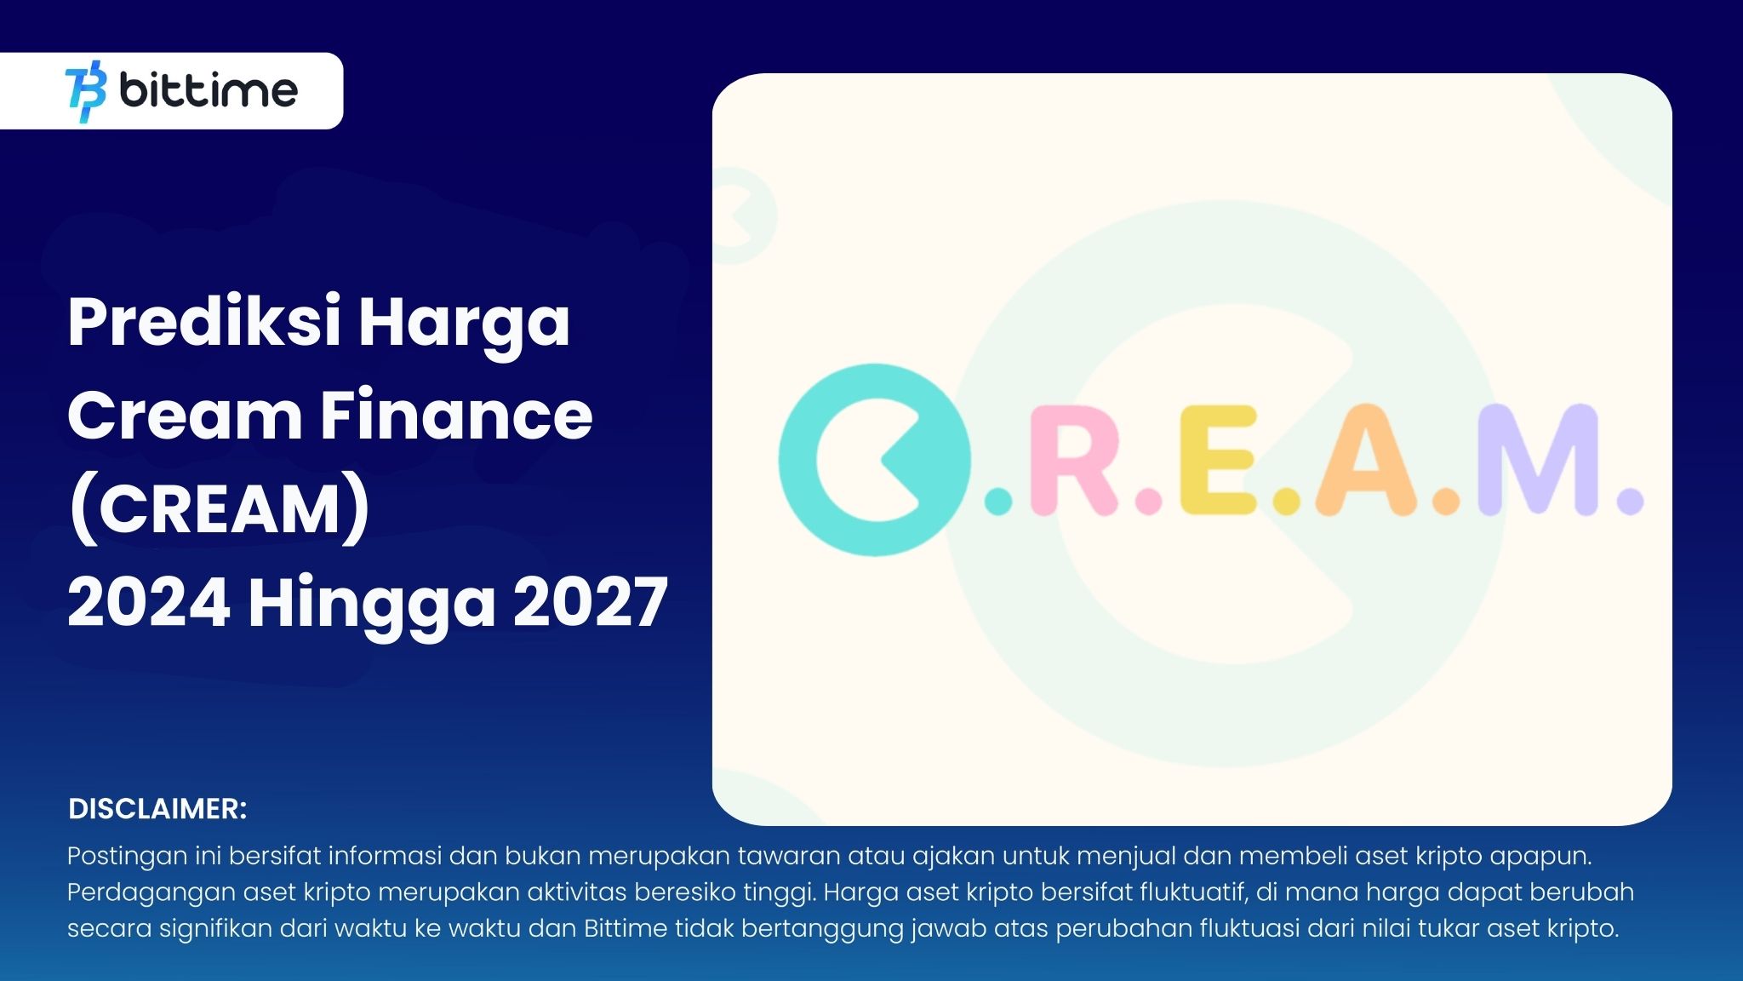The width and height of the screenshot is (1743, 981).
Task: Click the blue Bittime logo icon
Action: (85, 91)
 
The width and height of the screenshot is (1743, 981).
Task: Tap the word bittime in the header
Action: (209, 90)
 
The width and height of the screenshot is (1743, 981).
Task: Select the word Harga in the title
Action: (464, 324)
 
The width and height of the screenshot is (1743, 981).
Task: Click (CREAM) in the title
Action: (220, 509)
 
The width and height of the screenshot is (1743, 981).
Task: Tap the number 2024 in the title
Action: (149, 603)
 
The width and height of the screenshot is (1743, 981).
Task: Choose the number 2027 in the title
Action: (591, 603)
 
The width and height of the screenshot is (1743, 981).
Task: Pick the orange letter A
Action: (1366, 460)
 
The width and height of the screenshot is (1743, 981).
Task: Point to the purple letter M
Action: (1536, 460)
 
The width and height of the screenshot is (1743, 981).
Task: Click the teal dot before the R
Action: (998, 502)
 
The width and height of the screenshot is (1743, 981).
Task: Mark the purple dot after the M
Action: (1630, 502)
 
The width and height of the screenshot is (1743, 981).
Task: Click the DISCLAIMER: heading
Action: (157, 809)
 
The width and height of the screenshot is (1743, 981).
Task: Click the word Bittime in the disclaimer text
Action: (626, 927)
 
